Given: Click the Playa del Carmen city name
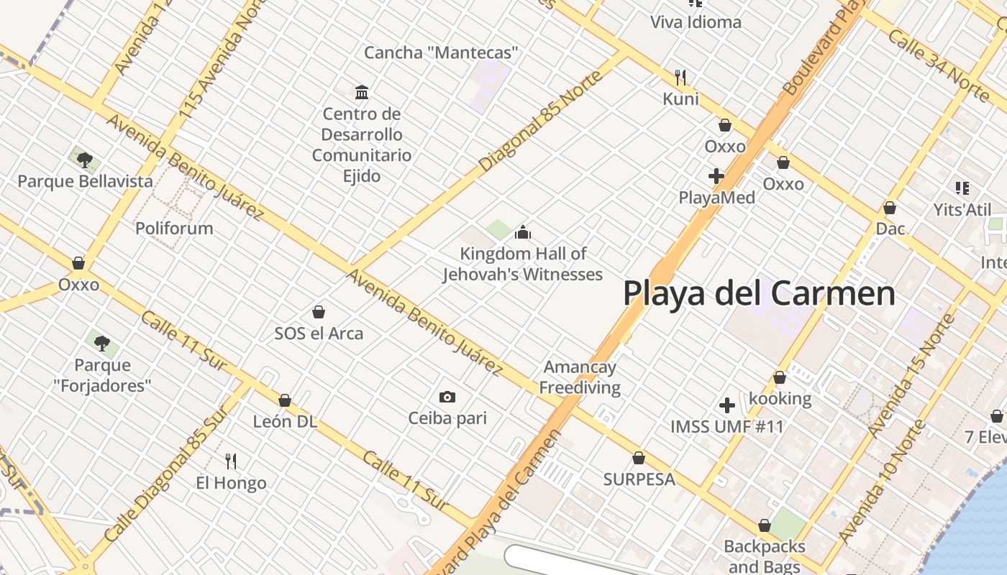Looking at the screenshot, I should (759, 293).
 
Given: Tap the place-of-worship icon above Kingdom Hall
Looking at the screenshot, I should (523, 232).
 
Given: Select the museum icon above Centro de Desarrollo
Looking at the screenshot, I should (362, 92).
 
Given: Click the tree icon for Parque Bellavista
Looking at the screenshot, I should (85, 160).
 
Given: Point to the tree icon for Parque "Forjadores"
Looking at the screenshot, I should (102, 343).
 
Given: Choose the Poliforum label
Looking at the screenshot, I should (175, 229).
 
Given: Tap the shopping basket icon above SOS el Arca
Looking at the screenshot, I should (319, 312).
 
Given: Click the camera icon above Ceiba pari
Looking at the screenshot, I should (447, 397).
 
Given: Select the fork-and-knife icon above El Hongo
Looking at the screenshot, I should (231, 461).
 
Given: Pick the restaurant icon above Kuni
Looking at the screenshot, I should (680, 77).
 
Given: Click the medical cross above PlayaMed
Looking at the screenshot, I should (716, 176).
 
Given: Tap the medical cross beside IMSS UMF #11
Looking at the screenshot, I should (727, 405).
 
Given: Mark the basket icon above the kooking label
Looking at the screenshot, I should (780, 377).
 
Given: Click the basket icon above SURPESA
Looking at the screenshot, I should (639, 458).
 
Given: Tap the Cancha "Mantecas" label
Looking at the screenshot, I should (441, 52).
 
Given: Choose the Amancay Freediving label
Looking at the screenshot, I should (580, 377).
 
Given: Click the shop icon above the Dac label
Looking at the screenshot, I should (890, 208).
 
